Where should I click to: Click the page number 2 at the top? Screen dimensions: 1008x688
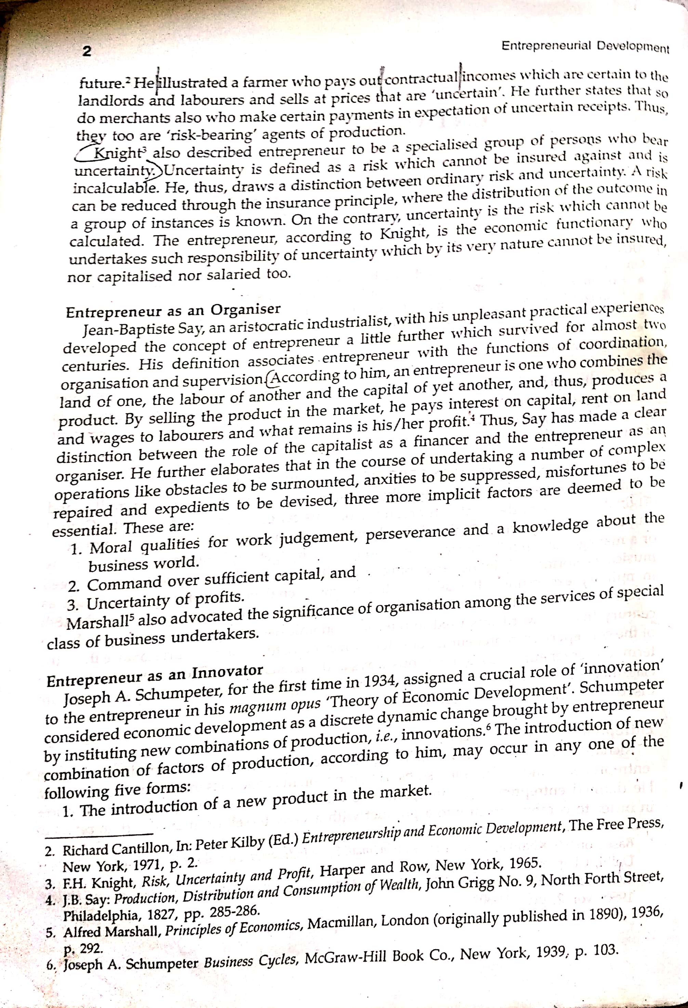coord(87,52)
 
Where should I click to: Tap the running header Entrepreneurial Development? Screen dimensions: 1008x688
coord(585,46)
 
